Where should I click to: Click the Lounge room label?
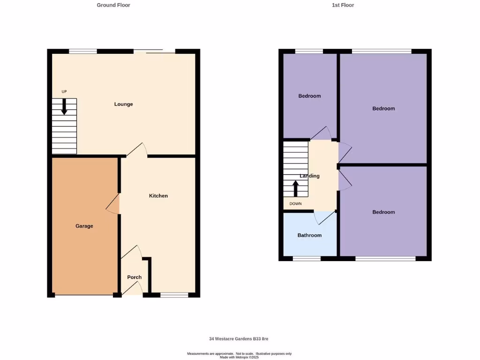coord(124,104)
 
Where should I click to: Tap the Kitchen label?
coord(158,195)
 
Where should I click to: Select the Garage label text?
coord(84,226)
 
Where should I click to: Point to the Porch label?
coord(135,277)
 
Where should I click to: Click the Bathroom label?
coord(309,235)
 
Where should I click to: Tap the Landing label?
coord(309,176)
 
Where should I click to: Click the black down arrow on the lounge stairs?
coord(64,106)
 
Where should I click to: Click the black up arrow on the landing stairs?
coord(296,188)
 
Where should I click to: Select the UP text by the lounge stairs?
coord(64,91)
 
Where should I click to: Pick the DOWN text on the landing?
coord(296,203)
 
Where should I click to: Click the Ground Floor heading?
coord(113,5)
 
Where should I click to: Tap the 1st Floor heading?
coord(343,5)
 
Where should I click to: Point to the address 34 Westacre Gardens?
coord(239,338)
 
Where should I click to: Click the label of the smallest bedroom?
coord(309,96)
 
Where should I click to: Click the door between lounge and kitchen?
coord(136,150)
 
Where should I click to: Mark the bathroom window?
coord(307,258)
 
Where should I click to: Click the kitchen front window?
coord(174,295)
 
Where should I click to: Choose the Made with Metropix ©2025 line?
coord(239,357)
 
